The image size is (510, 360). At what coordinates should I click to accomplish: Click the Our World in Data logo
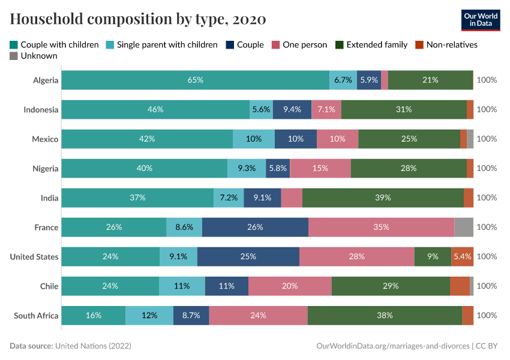coord(481,19)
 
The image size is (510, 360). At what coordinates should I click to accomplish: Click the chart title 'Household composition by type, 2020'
coord(138,19)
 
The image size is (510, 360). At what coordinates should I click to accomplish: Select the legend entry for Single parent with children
coord(162,44)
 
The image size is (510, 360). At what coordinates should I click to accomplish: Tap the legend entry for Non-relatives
coord(446,44)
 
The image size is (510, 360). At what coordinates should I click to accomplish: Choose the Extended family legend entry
coord(371,44)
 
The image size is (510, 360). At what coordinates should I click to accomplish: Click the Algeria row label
coord(46,80)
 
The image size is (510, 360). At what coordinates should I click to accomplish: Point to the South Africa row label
coord(36,316)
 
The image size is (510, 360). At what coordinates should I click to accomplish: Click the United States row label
coord(34,257)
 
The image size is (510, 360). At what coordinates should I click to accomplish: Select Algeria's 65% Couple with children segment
coord(195,80)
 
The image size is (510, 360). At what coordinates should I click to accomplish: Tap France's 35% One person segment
coord(381,227)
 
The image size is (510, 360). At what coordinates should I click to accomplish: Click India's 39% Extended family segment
coord(383,197)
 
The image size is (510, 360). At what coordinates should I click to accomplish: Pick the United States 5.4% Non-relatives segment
coord(462,257)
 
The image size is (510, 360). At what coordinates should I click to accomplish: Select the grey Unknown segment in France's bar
coord(464,227)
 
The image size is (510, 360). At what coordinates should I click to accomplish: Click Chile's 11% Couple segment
coord(226,286)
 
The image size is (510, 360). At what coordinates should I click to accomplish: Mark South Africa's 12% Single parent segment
coord(149,316)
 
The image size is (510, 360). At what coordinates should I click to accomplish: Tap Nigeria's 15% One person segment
coord(320,169)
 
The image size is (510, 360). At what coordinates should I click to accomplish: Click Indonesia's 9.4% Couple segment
coord(292,109)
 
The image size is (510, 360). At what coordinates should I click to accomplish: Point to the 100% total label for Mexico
coord(487,139)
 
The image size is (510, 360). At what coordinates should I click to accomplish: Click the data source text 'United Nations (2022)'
coord(93,346)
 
